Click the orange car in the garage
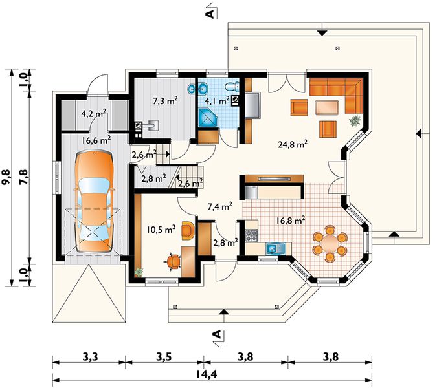(x=94, y=202)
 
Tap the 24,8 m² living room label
(x=293, y=144)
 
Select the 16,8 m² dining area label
(x=291, y=220)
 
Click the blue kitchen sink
(x=275, y=248)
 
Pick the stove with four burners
(x=252, y=235)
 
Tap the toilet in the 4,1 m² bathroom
(x=232, y=87)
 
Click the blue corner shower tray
(x=208, y=118)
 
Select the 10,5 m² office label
(x=161, y=230)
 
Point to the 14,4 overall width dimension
(x=206, y=374)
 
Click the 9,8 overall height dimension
(x=8, y=177)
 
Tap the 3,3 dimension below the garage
(x=91, y=356)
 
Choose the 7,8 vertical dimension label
(x=25, y=177)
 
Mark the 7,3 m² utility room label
(x=165, y=101)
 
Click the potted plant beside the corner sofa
(x=355, y=121)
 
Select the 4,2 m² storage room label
(x=94, y=113)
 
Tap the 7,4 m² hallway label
(x=220, y=206)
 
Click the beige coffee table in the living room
(x=328, y=107)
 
